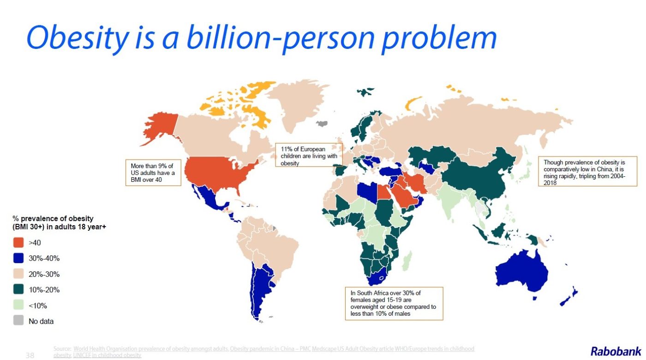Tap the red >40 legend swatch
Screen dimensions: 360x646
(18, 243)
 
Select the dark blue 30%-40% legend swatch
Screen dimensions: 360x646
(18, 258)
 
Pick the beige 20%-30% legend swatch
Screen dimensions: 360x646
(18, 274)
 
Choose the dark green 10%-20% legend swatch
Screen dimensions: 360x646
(18, 290)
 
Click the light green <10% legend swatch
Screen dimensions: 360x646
(18, 306)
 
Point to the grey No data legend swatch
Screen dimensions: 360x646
(18, 321)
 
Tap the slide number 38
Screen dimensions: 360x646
(30, 355)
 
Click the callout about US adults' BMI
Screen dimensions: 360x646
(153, 173)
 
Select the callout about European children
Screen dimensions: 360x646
(309, 155)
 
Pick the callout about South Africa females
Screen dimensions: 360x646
(394, 303)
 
